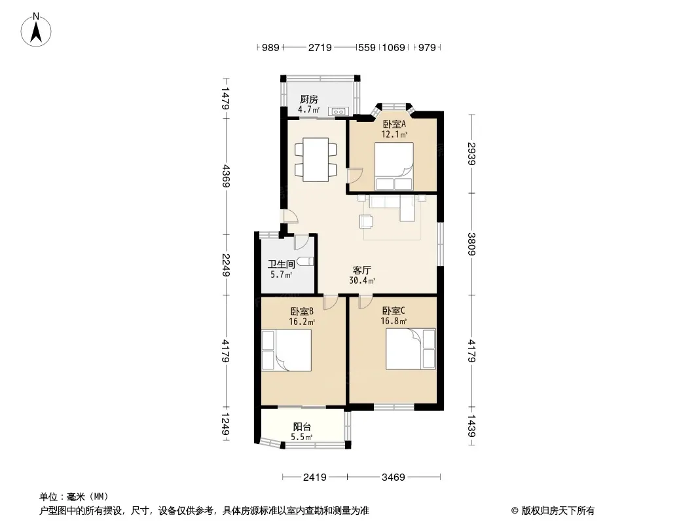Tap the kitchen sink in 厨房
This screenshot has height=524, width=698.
[339, 111]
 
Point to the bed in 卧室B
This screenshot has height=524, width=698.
[286, 350]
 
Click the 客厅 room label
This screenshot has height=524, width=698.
[362, 270]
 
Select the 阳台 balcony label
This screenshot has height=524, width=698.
[302, 426]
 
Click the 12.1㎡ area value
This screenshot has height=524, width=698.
[395, 135]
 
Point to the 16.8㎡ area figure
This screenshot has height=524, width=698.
[394, 322]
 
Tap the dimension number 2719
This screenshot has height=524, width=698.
[320, 47]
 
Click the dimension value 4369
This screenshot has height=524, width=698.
[226, 176]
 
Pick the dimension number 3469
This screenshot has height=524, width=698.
[394, 477]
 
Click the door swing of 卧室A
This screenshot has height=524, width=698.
[354, 176]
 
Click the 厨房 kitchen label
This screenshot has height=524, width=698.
[308, 99]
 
